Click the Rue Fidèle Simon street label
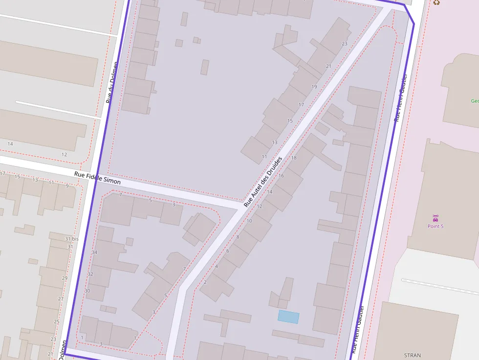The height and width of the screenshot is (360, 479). [x=98, y=178]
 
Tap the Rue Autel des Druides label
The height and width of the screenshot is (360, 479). [x=263, y=181]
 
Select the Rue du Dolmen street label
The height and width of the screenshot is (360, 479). [x=112, y=82]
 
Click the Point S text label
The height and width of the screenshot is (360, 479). [x=435, y=226]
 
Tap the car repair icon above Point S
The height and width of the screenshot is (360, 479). [x=435, y=217]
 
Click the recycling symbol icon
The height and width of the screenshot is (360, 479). [x=436, y=2]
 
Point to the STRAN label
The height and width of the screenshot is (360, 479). [x=413, y=355]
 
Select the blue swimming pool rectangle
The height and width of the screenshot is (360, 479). [x=288, y=317]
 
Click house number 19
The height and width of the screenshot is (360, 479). [x=314, y=87]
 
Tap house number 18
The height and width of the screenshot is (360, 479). [x=294, y=158]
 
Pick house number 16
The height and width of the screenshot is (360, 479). [x=281, y=175]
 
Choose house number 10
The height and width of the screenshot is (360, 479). [x=249, y=221]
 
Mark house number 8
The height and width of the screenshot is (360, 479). [x=238, y=237]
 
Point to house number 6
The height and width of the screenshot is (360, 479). [x=227, y=251]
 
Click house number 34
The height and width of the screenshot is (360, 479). [x=94, y=252]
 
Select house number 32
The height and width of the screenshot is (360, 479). [x=90, y=274]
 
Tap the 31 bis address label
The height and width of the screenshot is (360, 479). [x=71, y=239]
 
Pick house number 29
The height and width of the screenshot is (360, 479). [x=65, y=278]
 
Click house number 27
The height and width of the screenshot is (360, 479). [x=61, y=298]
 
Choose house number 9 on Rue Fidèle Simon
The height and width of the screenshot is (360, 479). [x=67, y=186]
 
